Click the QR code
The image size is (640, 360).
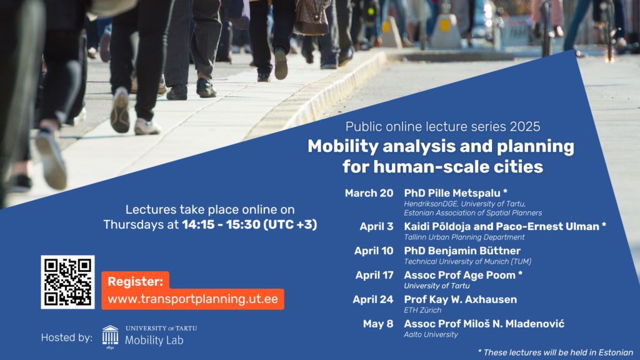[67, 282]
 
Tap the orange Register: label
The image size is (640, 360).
[135, 281]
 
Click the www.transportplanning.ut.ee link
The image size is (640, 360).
[192, 299]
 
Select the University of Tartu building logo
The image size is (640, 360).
[110, 336]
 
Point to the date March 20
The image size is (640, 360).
[369, 193]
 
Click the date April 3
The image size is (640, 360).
[376, 226]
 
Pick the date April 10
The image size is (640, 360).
[374, 251]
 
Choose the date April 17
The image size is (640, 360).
[374, 275]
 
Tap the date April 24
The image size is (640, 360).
[373, 299]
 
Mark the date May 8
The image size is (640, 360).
[378, 324]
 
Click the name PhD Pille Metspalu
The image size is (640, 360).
[452, 193]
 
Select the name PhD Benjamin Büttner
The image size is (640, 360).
[462, 251]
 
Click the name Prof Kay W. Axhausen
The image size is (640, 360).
[461, 299]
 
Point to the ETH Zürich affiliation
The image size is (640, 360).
[422, 310]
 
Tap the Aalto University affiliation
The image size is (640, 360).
[431, 335]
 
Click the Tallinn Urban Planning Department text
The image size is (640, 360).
[464, 237]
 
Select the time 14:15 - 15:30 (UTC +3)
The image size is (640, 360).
[249, 224]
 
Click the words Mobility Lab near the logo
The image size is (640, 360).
[154, 340]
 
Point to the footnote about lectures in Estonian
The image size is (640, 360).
[556, 352]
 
